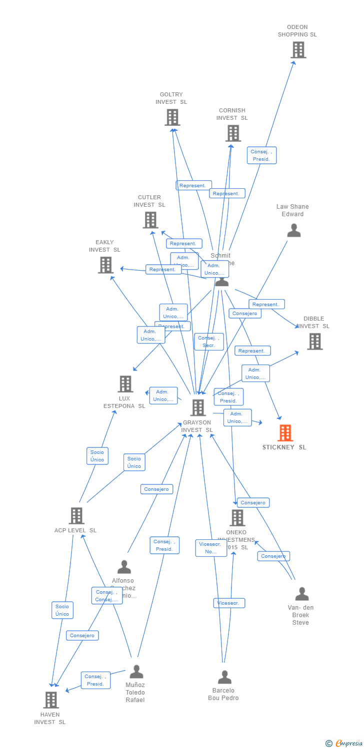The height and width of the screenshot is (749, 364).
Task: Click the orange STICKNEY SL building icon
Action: (x=285, y=433)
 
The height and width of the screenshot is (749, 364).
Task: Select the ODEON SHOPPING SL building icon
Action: (x=298, y=50)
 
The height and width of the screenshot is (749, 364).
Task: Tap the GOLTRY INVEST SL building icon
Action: (x=172, y=117)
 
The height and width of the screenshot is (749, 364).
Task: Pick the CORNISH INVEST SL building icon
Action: (x=232, y=133)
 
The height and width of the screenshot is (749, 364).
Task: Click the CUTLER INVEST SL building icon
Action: (x=150, y=220)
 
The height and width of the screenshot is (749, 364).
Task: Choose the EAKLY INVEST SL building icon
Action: (x=105, y=265)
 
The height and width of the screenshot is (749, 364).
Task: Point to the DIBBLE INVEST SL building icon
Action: (x=314, y=342)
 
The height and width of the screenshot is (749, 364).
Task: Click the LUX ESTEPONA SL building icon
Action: (x=125, y=384)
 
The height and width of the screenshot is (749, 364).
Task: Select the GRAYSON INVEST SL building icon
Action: (x=198, y=408)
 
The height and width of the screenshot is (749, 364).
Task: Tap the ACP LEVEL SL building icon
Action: (x=76, y=516)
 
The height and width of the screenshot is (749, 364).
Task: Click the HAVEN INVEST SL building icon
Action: (x=50, y=700)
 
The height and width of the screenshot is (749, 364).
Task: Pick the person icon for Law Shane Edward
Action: (x=294, y=230)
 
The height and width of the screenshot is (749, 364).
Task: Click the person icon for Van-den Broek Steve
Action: (x=301, y=594)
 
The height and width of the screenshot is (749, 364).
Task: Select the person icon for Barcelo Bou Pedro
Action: (x=224, y=677)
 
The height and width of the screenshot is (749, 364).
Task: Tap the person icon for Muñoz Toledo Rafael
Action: (x=136, y=672)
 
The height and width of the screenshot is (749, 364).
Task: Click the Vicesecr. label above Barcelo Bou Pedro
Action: (x=229, y=603)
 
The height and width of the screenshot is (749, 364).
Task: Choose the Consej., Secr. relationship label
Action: (x=209, y=342)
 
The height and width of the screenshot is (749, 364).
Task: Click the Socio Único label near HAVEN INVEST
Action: (x=62, y=610)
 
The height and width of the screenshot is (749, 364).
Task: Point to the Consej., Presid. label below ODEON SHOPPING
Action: (x=261, y=155)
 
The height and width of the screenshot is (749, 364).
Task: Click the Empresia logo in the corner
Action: (x=344, y=744)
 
